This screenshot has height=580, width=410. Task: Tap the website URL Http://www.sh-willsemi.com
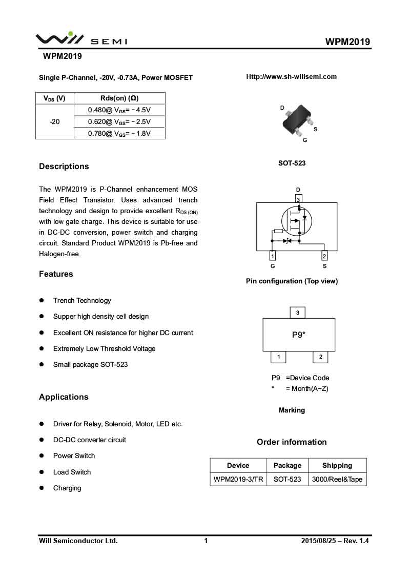291,77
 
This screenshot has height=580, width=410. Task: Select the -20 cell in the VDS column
54,121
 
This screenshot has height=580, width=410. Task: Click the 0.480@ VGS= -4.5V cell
119,110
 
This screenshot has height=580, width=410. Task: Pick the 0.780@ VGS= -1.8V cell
119,133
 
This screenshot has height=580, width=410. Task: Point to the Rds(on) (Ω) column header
119,98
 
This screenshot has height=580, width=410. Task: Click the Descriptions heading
64,167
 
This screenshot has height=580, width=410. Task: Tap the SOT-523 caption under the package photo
292,163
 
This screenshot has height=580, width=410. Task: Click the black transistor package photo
297,119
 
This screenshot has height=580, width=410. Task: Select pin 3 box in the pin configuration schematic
298,199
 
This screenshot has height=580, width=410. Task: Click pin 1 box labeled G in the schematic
273,256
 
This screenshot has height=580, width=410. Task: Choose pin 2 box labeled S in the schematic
324,256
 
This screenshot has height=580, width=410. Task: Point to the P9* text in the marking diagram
299,335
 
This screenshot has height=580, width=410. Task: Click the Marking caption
292,410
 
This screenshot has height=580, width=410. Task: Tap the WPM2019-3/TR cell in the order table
238,480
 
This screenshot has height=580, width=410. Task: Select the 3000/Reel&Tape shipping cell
337,480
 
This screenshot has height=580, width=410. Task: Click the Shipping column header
337,466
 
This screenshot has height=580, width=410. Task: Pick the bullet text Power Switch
74,456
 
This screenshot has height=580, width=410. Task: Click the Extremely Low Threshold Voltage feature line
104,349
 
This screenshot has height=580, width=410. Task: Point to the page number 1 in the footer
206,541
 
